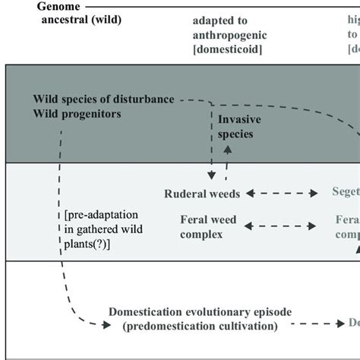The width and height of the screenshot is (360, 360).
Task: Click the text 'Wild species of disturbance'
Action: point(104,99)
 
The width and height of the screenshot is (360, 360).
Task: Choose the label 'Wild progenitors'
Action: point(78,114)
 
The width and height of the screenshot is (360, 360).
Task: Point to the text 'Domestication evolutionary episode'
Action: point(200,312)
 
